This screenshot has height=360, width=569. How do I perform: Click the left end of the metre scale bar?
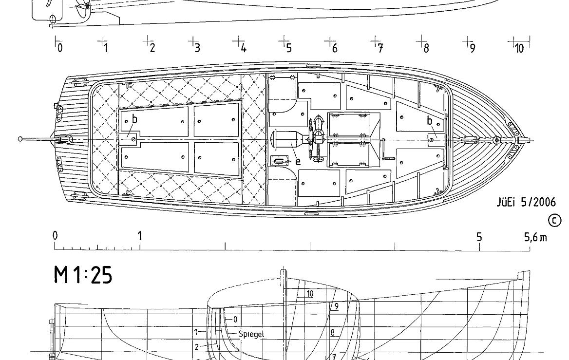(55, 250)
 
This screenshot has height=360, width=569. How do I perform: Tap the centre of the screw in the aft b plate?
(133, 138)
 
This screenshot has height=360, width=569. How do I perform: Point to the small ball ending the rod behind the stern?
(20, 139)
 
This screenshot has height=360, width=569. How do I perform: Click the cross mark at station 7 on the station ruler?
(376, 40)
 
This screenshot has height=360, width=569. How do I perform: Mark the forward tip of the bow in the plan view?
(530, 139)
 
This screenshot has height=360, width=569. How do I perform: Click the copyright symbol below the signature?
(554, 221)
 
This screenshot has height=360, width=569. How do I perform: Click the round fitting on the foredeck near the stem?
(496, 140)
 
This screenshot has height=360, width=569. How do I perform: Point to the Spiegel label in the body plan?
(251, 334)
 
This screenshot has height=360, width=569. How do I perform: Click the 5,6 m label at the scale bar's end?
(535, 237)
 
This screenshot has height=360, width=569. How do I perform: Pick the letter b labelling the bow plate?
(430, 120)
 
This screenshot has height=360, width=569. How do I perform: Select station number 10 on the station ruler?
(519, 48)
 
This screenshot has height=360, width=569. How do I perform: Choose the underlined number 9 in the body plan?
(337, 306)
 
